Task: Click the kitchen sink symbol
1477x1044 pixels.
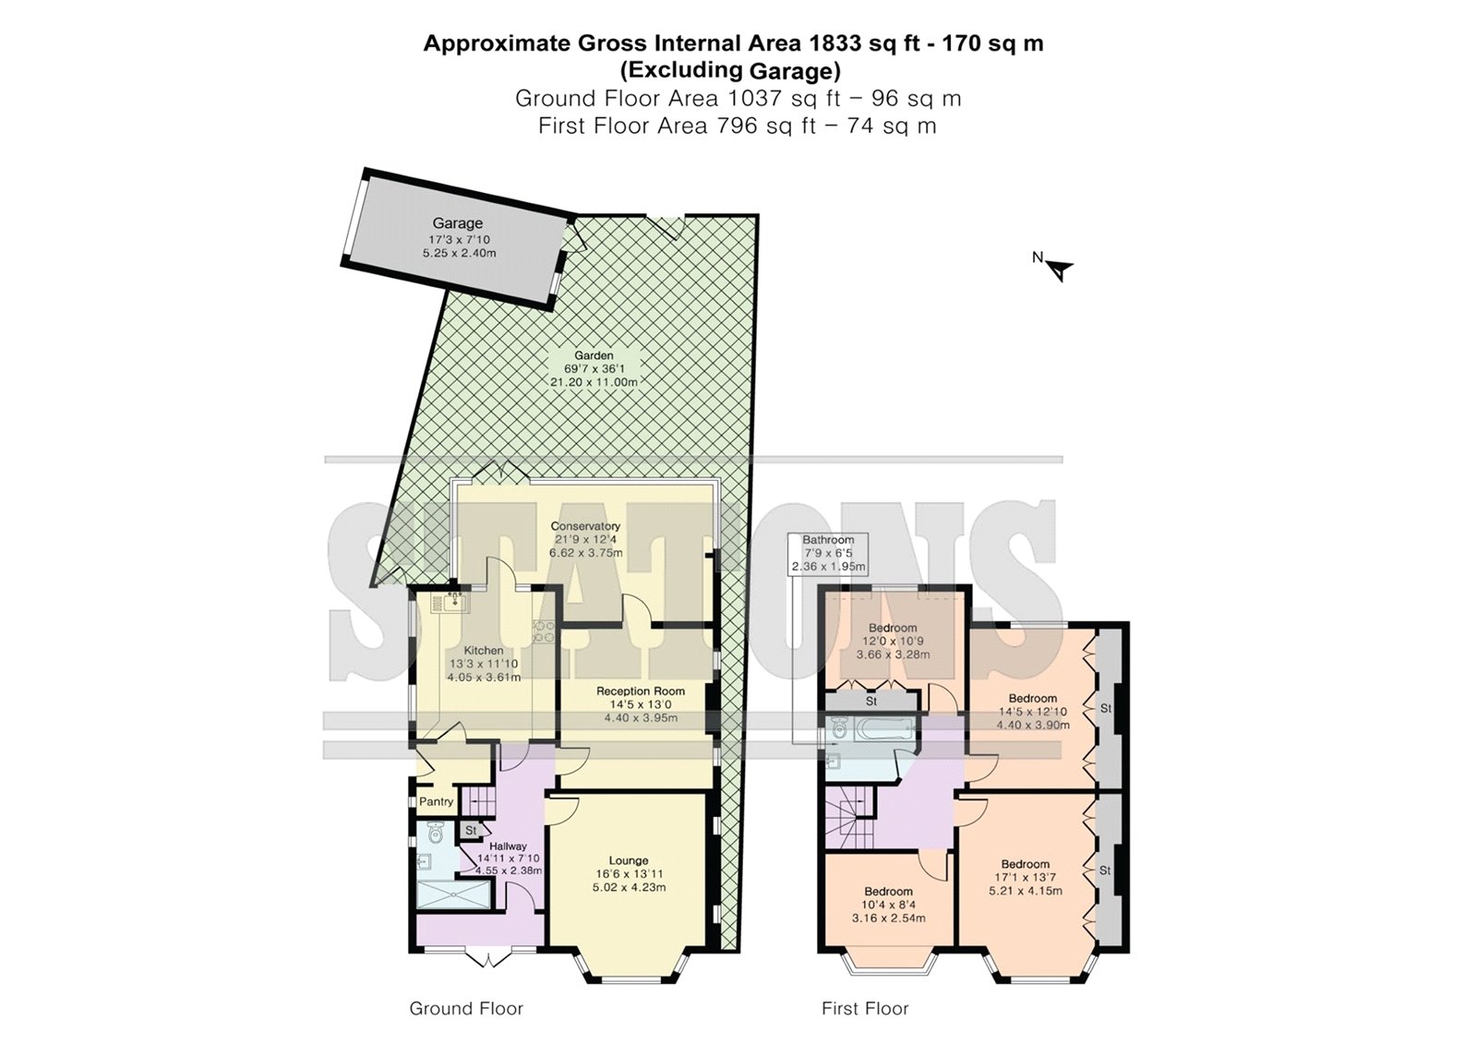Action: point(453,603)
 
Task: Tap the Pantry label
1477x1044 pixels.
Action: point(436,802)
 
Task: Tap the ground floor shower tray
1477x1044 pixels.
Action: point(453,895)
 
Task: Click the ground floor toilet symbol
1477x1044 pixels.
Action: point(435,834)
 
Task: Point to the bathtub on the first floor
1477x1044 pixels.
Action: point(883,730)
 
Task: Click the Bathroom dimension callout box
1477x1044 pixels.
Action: point(828,553)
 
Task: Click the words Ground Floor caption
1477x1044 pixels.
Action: point(466,1008)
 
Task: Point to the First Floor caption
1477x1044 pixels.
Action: point(865,1008)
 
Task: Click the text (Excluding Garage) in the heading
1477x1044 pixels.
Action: point(732,70)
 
